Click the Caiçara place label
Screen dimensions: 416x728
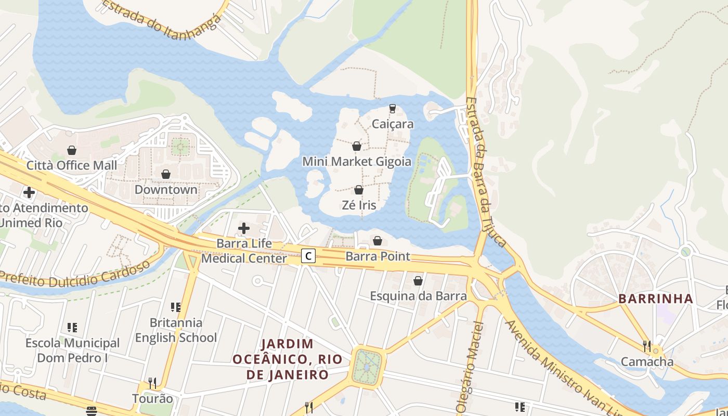[x=393, y=124]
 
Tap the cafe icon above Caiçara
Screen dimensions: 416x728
[x=393, y=109]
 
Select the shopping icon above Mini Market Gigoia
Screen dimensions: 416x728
[x=357, y=147]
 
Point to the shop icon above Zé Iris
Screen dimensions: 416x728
[x=358, y=190]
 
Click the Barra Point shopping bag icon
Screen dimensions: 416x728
[x=378, y=241]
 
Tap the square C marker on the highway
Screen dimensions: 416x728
[x=308, y=256]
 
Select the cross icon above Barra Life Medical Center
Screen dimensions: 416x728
[x=243, y=228]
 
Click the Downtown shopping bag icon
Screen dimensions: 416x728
[x=166, y=174]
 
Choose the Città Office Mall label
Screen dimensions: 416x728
[x=72, y=165]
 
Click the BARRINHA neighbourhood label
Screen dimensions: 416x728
[x=655, y=298]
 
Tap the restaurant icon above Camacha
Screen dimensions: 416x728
[x=647, y=345]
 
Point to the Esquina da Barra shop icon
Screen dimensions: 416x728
[x=418, y=281]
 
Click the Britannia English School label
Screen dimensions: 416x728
[x=176, y=330]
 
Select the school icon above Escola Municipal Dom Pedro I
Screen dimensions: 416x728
[x=72, y=328]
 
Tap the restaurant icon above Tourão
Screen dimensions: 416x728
[x=152, y=383]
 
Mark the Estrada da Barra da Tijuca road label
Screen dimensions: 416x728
[x=486, y=172]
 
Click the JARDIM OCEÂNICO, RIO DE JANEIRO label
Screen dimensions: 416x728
[x=287, y=359]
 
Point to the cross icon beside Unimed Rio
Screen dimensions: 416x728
[x=29, y=192]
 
